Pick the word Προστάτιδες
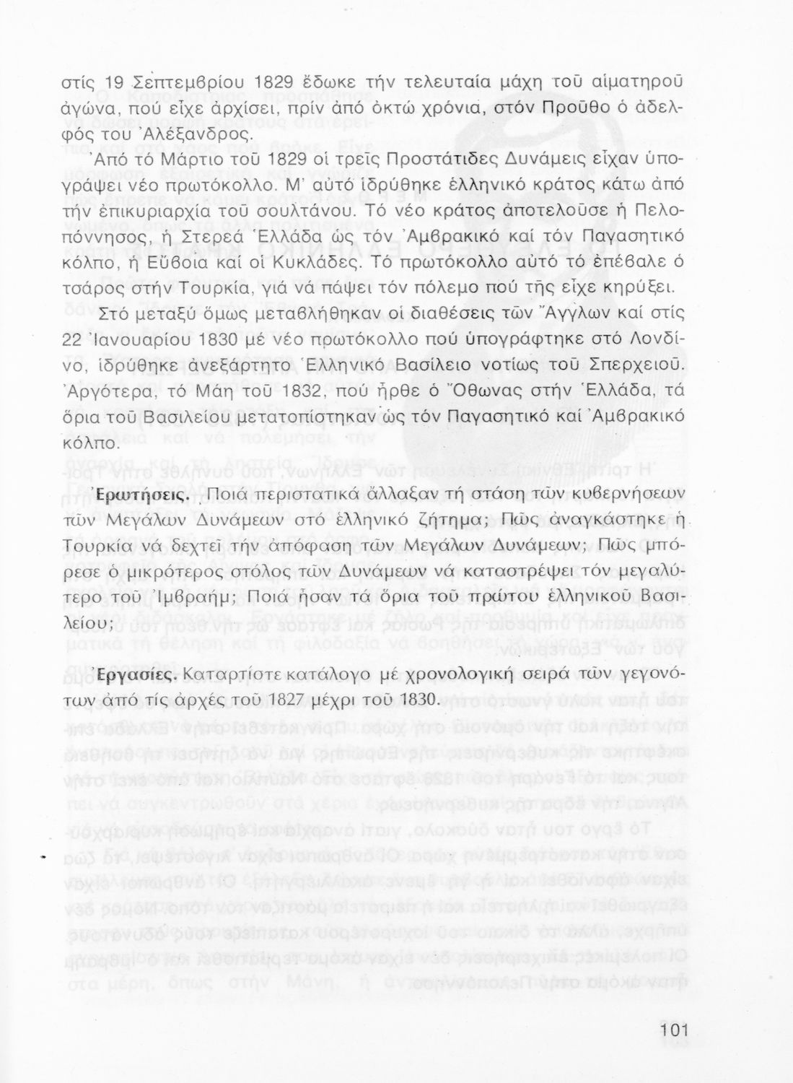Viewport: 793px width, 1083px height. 438,159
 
